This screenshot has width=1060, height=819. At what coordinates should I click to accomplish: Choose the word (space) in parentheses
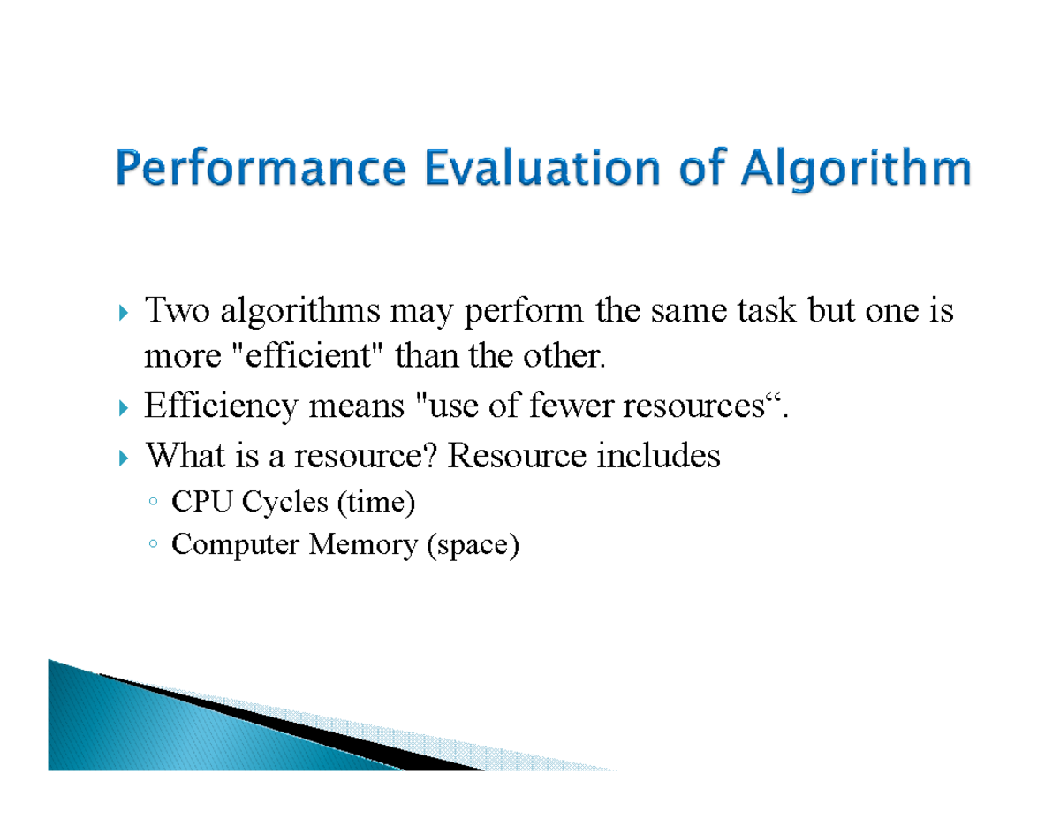473,546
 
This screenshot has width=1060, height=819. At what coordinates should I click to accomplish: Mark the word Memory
363,545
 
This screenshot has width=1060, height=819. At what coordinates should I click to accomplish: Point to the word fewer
574,406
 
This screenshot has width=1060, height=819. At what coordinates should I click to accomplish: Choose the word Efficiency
220,407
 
